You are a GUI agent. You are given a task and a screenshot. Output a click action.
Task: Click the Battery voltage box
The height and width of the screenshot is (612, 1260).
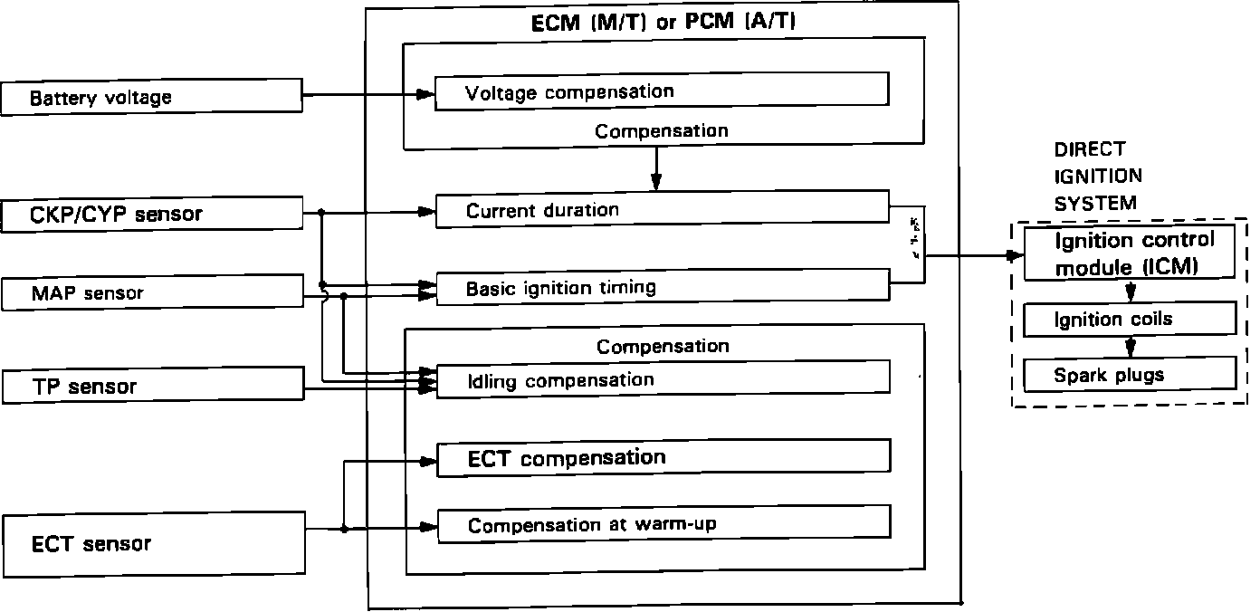coord(151,98)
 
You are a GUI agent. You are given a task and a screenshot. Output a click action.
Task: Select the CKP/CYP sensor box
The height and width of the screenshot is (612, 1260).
coord(151,215)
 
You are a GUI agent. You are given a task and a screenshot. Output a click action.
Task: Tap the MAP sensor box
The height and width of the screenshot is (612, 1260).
coord(151,292)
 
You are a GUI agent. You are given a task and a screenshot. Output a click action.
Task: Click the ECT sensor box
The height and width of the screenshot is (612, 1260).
coord(154,544)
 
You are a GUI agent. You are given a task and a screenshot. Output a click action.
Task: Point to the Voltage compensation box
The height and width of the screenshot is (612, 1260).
coord(661,91)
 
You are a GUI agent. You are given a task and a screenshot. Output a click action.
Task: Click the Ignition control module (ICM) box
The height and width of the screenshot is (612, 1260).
coord(1130,253)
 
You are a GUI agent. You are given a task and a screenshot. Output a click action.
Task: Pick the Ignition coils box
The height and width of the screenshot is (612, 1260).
coord(1130,319)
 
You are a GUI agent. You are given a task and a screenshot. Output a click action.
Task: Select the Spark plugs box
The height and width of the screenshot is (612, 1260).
coord(1130,374)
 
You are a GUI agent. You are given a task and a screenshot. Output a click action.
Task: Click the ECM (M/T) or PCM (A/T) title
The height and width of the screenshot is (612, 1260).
coord(663,23)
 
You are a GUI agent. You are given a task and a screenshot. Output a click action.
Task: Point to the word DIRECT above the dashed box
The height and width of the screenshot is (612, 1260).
coord(1090,149)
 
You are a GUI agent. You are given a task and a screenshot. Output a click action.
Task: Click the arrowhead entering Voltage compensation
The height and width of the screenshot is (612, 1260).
coord(426,93)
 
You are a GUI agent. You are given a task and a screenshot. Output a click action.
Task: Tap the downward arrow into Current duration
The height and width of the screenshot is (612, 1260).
coord(656,181)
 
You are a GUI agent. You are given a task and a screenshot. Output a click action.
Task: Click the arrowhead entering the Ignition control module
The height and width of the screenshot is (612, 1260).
coord(1015,255)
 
